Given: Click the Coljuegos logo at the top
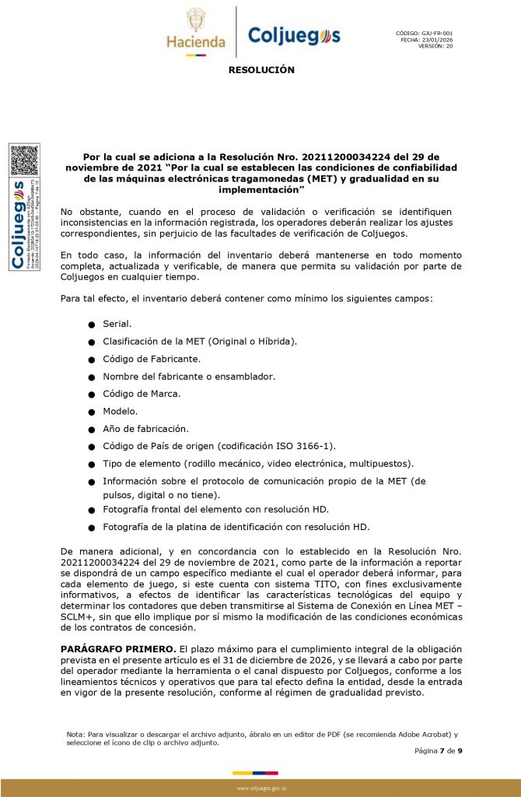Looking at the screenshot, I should [293, 35].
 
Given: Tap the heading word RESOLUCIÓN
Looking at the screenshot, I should [261, 70].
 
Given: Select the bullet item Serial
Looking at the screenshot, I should [117, 323].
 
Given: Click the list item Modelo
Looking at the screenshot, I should [120, 411].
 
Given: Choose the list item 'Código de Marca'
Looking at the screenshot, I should [142, 394].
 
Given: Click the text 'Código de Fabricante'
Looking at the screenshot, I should [152, 359].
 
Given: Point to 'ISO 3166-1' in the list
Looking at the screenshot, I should [302, 446].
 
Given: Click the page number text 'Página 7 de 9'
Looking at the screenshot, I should [439, 750].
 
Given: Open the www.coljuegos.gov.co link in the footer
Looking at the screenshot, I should [260, 788].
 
